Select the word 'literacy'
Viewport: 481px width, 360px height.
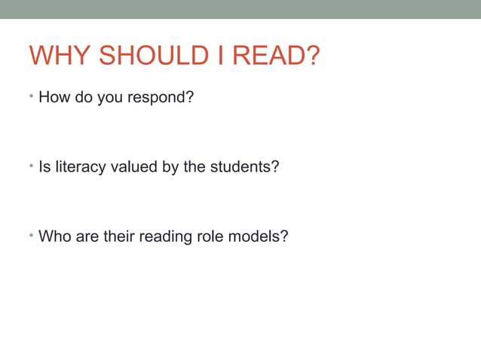tap(78, 167)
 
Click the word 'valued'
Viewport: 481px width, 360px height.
tap(133, 167)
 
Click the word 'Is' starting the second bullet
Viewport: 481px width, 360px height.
tap(44, 167)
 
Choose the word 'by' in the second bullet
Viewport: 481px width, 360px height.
tap(170, 168)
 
